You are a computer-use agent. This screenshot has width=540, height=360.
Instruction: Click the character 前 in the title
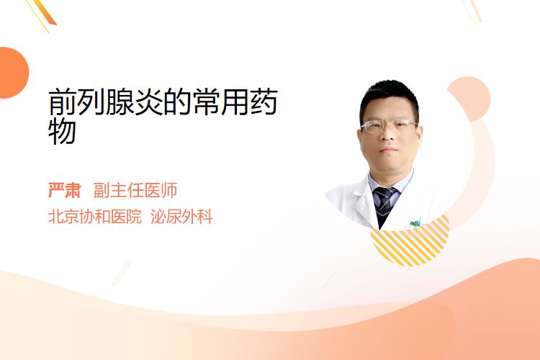click(62, 102)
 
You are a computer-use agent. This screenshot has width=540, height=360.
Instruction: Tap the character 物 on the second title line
click(62, 131)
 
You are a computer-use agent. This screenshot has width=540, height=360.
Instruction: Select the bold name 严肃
click(64, 190)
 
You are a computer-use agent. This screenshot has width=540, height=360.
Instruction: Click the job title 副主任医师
click(135, 190)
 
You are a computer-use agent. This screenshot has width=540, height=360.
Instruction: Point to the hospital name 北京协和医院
click(95, 217)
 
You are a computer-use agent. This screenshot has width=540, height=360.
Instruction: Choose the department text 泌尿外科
click(182, 217)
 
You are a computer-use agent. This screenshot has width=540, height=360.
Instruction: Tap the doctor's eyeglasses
click(389, 125)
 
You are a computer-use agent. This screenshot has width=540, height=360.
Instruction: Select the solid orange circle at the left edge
click(13, 73)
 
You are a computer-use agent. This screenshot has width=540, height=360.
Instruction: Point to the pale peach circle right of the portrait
click(469, 99)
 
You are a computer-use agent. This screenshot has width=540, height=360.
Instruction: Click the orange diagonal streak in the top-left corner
click(44, 12)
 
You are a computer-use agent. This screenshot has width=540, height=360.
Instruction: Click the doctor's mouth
click(389, 150)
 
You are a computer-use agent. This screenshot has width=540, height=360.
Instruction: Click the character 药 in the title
click(264, 102)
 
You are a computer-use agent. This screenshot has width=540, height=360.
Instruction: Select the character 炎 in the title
click(149, 102)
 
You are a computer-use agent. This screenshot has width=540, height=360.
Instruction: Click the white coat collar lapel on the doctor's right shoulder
click(360, 203)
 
